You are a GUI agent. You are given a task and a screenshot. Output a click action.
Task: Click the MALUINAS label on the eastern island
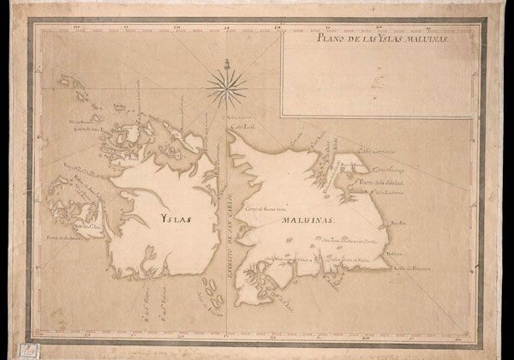[x=305, y=220]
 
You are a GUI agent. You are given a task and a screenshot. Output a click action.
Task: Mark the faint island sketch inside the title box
[x=378, y=84]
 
